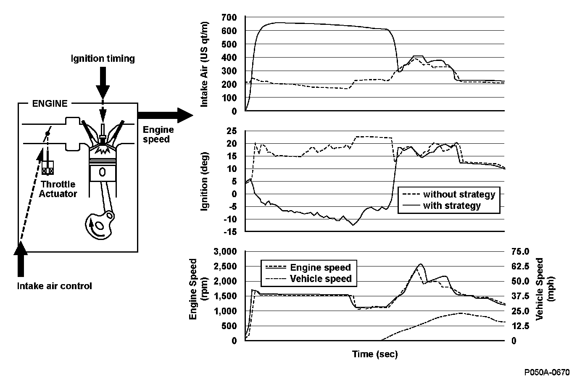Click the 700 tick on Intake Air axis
(231, 17)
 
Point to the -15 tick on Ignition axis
(229, 232)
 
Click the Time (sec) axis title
(374, 354)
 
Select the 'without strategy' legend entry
(459, 195)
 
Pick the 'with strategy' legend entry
(451, 206)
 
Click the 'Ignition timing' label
(103, 58)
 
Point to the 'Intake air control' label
(54, 286)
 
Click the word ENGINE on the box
(50, 103)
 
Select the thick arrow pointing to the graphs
(164, 115)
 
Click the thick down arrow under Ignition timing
(103, 86)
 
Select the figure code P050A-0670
(547, 372)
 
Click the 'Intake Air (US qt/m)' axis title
(206, 65)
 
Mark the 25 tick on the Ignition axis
(231, 131)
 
